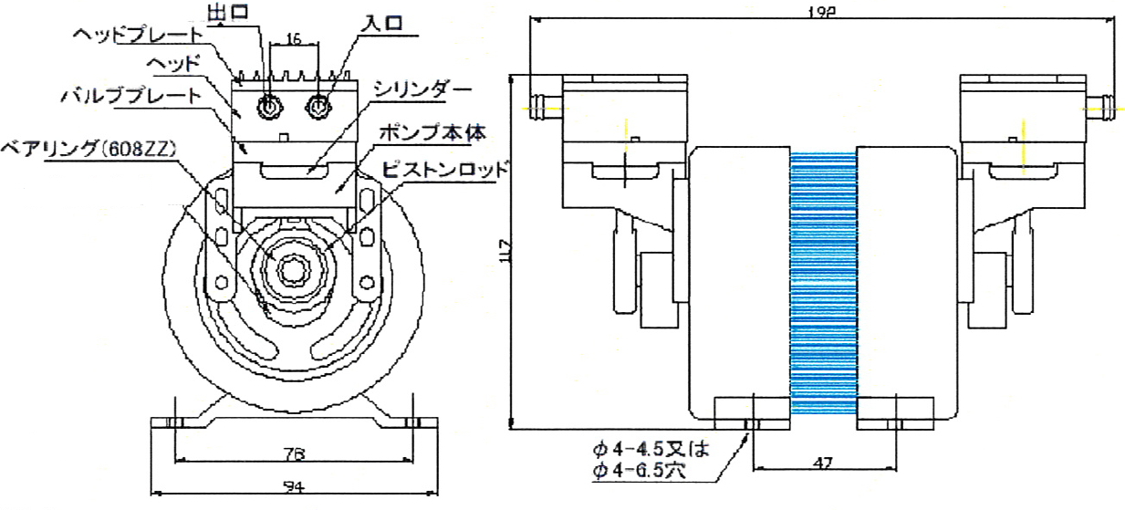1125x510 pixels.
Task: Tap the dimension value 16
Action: point(293,40)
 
